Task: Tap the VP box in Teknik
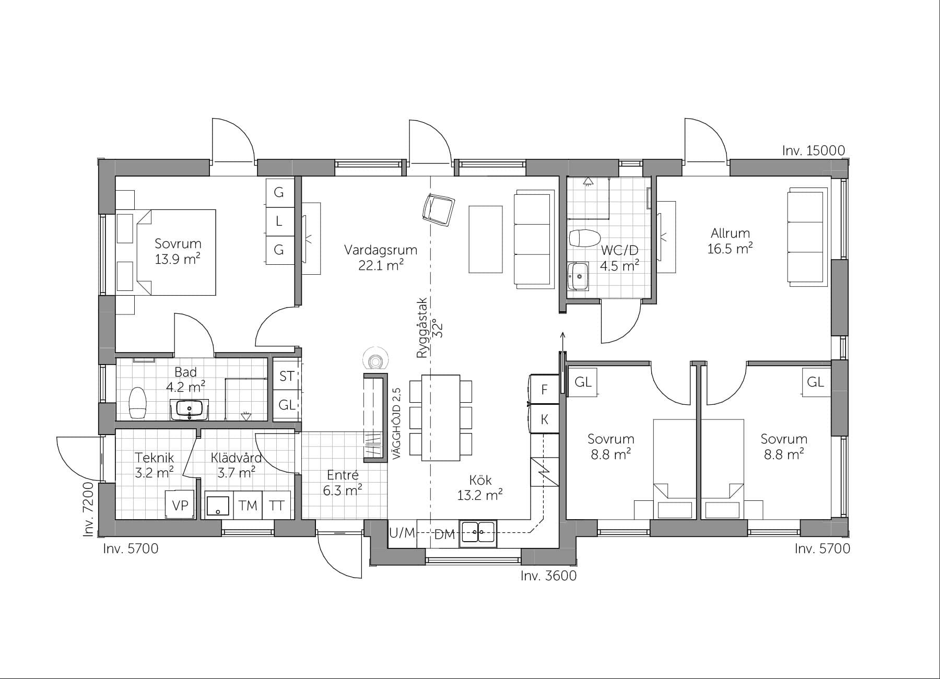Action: [180, 505]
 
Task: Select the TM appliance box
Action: [248, 505]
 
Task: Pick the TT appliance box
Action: [277, 505]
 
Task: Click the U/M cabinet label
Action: [402, 533]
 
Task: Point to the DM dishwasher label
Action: [444, 534]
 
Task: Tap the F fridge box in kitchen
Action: [544, 390]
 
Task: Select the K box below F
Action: [544, 419]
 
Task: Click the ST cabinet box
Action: [287, 376]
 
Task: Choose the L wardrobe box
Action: [279, 221]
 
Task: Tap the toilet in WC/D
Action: [584, 239]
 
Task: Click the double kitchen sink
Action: [478, 533]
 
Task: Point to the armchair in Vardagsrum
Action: [438, 209]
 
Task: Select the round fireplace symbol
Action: [375, 360]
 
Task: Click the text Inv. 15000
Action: [813, 150]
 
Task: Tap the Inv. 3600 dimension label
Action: [548, 576]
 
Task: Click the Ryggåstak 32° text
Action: [429, 328]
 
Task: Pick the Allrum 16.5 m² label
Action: [730, 241]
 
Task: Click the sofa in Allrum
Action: [805, 238]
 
